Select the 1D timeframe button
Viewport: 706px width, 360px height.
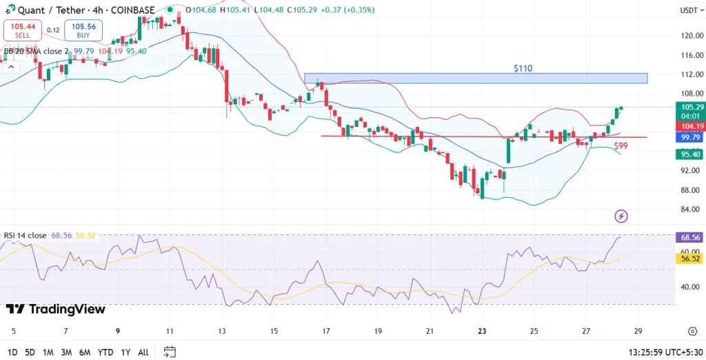(12, 352)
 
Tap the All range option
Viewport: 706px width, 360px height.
(143, 352)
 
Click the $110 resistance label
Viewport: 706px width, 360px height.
(523, 69)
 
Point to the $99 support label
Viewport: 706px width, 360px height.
(621, 146)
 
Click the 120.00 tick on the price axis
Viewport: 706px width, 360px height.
(690, 36)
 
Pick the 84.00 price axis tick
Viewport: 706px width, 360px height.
(690, 210)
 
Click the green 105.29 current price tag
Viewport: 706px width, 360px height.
(692, 107)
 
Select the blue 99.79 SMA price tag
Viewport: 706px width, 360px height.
(692, 137)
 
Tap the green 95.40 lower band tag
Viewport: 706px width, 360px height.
(692, 154)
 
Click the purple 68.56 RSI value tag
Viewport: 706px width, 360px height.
(692, 237)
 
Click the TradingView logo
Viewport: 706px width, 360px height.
(56, 310)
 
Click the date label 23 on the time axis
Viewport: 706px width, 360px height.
(482, 331)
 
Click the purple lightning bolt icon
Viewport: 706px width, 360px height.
(621, 216)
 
